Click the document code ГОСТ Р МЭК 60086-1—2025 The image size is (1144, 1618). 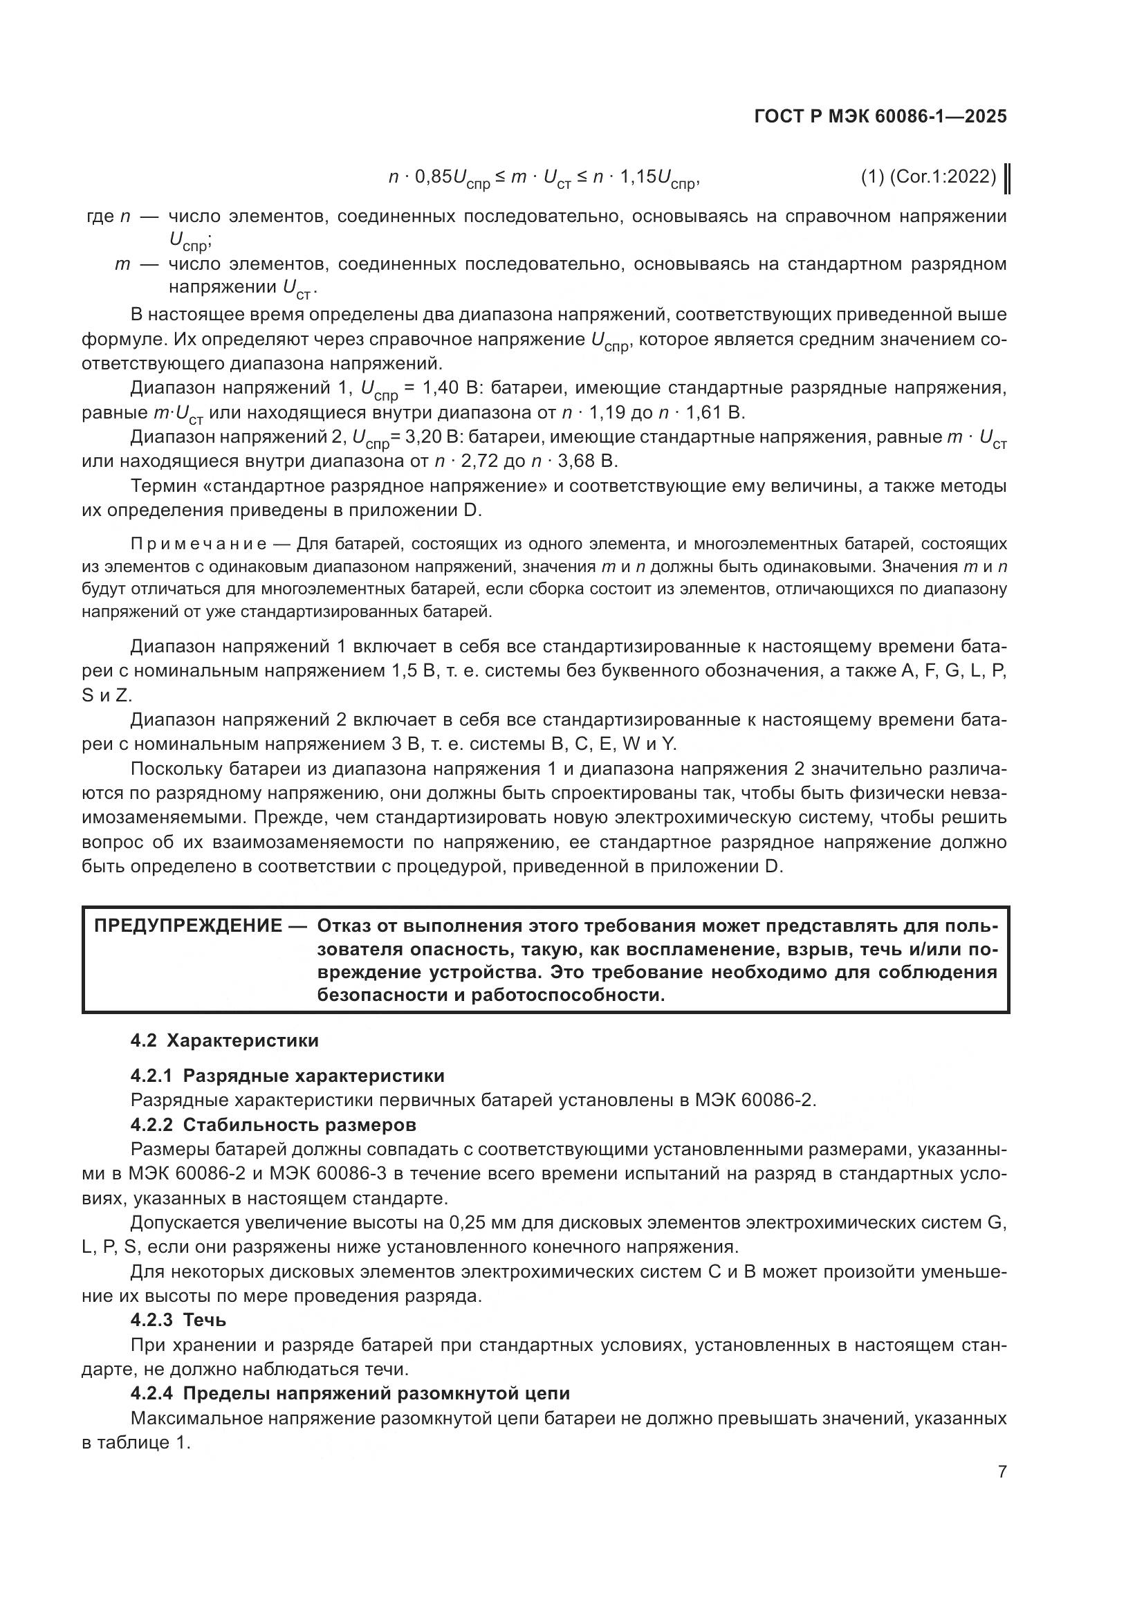(x=880, y=116)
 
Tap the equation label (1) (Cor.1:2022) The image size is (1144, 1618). (x=928, y=177)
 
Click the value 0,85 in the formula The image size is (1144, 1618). (x=430, y=177)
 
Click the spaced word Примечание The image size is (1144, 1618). (x=198, y=544)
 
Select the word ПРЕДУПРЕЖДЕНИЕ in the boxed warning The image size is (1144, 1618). (x=188, y=926)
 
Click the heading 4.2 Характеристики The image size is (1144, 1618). (x=224, y=1041)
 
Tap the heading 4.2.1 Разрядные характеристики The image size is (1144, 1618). (x=288, y=1076)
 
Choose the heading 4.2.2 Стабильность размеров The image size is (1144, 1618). (x=273, y=1125)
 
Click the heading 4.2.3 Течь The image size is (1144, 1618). (x=178, y=1320)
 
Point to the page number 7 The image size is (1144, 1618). (x=1002, y=1472)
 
